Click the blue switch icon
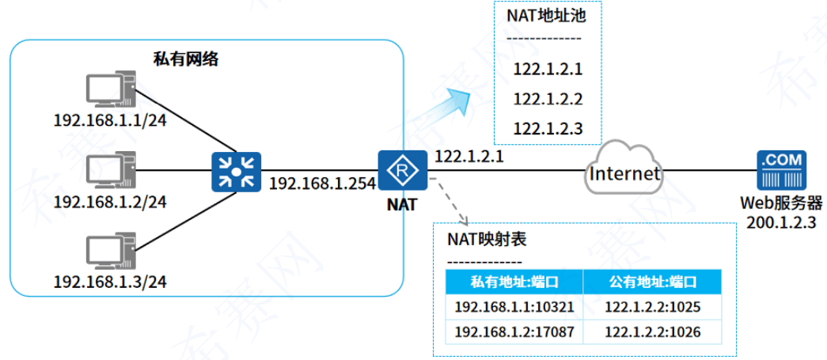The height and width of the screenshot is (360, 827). (236, 171)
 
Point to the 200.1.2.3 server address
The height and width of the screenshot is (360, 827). (781, 222)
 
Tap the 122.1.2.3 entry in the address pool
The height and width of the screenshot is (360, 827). (548, 128)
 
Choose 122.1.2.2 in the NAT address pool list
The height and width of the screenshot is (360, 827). (548, 99)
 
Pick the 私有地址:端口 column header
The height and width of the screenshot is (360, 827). (514, 282)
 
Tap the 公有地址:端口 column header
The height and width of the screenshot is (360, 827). (652, 282)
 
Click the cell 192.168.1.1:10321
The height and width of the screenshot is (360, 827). (514, 307)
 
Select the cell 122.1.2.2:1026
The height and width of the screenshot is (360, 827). (652, 332)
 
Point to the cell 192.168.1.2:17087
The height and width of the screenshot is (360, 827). (514, 332)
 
